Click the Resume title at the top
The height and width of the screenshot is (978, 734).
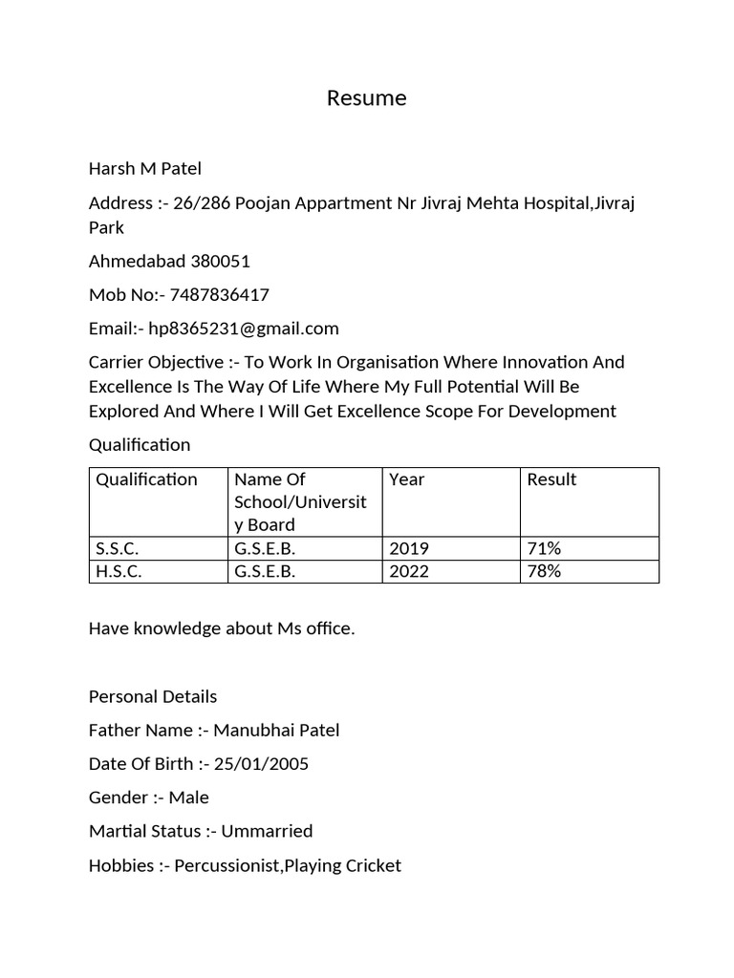(366, 98)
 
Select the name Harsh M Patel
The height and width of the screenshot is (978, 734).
(145, 169)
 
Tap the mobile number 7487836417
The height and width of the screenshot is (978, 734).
(219, 295)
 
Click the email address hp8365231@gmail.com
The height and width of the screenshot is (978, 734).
(244, 329)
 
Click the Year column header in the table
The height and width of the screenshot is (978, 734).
(407, 479)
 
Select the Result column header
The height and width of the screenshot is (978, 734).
(551, 479)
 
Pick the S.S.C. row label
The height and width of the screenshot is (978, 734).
(118, 548)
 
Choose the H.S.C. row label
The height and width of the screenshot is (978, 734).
(119, 571)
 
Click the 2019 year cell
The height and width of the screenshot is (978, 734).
(409, 548)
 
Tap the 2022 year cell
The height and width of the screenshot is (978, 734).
(409, 571)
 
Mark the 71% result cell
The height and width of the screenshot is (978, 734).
(544, 548)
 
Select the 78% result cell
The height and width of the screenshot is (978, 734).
(544, 571)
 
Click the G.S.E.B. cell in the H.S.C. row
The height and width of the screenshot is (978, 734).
(265, 571)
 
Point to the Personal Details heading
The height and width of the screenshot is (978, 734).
(153, 696)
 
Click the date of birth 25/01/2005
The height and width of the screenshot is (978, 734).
(262, 764)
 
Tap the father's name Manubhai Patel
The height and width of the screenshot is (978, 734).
(276, 731)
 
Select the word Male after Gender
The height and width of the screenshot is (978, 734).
(189, 797)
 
